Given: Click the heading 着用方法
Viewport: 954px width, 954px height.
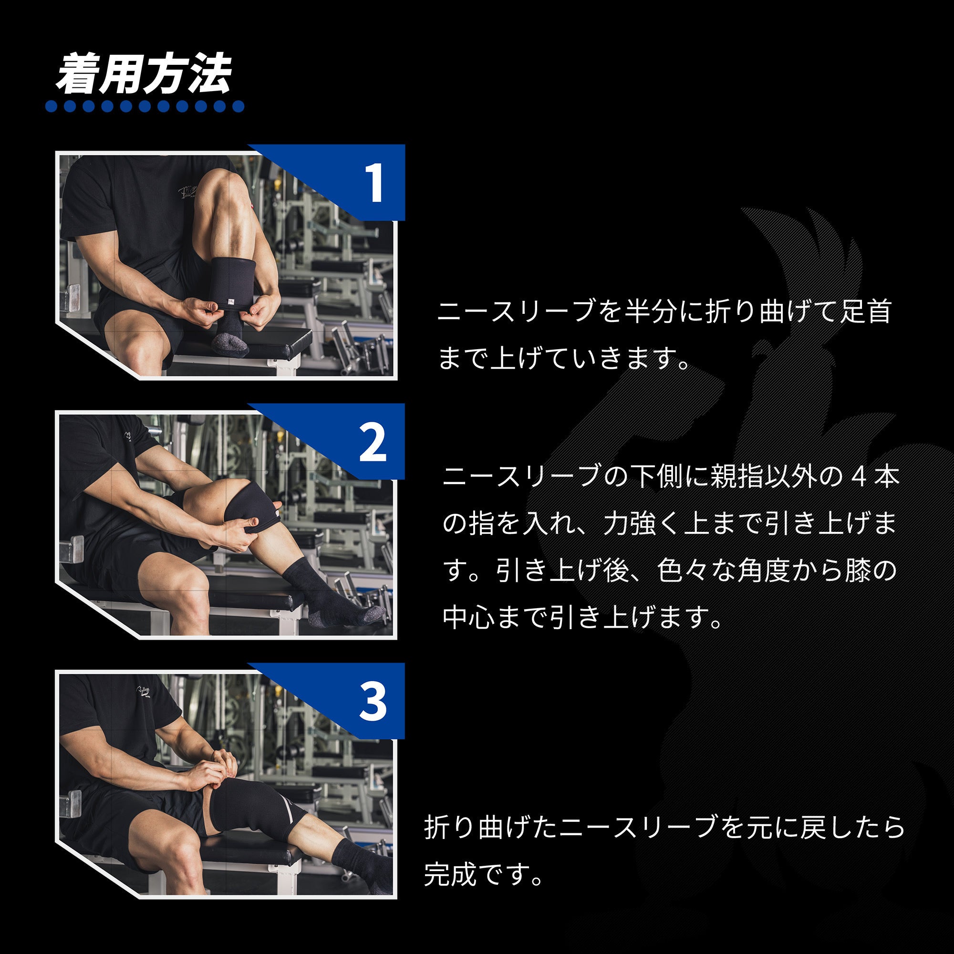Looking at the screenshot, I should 143,75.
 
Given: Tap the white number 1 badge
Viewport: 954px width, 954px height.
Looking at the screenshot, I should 375,183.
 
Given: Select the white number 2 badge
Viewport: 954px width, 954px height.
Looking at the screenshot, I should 373,443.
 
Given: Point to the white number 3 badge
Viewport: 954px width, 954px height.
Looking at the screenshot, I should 373,702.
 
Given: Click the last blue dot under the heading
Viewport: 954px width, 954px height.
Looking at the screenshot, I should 238,106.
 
